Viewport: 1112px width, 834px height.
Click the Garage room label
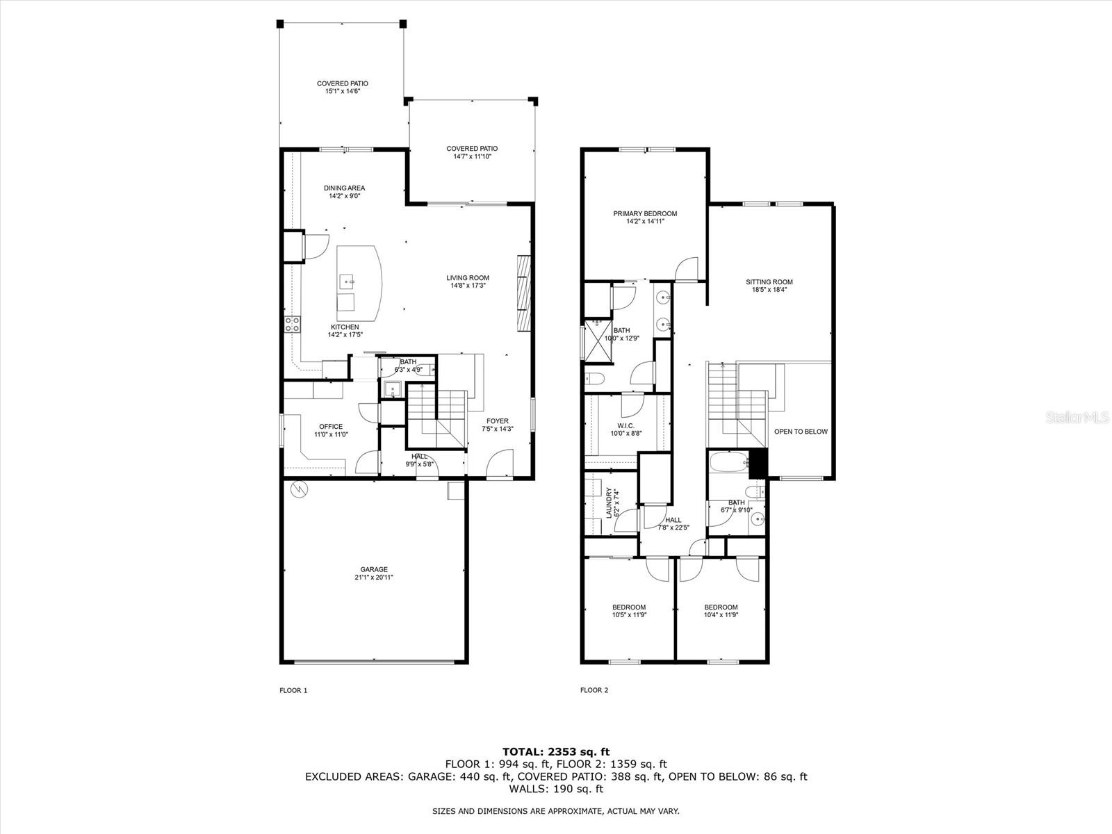373,569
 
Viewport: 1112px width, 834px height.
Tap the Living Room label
468,278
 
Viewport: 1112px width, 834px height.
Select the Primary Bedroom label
644,213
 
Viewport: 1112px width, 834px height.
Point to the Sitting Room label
769,282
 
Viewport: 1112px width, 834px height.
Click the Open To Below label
801,432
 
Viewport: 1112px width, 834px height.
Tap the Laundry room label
610,502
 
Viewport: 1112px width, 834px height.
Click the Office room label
331,427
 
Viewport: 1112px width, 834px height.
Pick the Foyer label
497,421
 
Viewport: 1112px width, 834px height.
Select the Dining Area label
344,188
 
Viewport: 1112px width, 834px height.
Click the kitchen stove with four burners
292,323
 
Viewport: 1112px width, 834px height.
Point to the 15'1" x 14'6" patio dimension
343,91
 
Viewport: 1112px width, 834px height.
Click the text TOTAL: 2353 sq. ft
555,751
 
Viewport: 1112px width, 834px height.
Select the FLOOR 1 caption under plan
293,690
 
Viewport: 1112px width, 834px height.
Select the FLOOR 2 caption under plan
594,690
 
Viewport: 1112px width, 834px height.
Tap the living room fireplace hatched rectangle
523,293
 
